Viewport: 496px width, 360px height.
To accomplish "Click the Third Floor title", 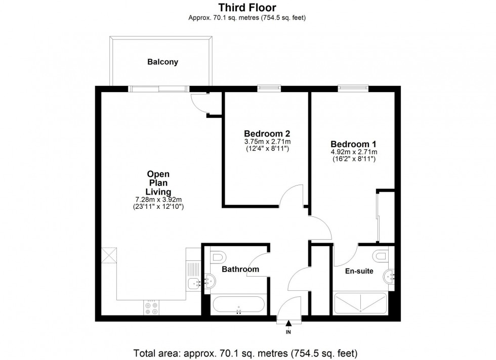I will pyautogui.click(x=247, y=7).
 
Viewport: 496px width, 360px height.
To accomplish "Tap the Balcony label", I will pyautogui.click(x=162, y=62).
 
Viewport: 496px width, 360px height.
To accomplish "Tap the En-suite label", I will pyautogui.click(x=359, y=271).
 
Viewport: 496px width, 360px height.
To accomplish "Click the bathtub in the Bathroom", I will pyautogui.click(x=238, y=304).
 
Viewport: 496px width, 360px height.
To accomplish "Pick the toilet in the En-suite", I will pyautogui.click(x=383, y=255).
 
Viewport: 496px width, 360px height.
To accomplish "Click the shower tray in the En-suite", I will pyautogui.click(x=361, y=303).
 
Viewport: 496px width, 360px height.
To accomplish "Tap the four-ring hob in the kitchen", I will pyautogui.click(x=151, y=307).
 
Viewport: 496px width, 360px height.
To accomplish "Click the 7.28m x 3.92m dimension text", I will pyautogui.click(x=158, y=200).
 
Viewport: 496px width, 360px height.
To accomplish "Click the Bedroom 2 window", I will pyautogui.click(x=269, y=88).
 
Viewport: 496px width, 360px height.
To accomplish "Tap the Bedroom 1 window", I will pyautogui.click(x=353, y=88).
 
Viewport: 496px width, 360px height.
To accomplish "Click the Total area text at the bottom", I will pyautogui.click(x=247, y=352).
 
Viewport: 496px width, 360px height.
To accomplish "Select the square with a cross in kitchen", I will pyautogui.click(x=109, y=255).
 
